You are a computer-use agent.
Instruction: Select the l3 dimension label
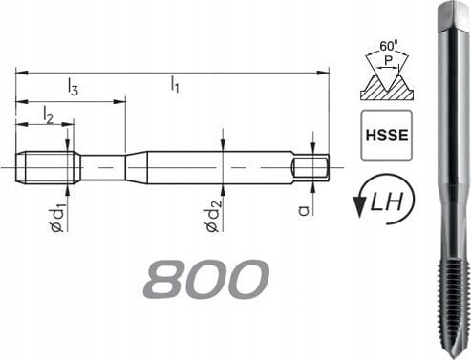click(73, 89)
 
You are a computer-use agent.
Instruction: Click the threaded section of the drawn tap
click(48, 167)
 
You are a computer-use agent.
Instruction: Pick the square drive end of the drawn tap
click(312, 167)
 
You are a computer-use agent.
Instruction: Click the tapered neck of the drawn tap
click(136, 167)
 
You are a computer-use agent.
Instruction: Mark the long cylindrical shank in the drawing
click(220, 167)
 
